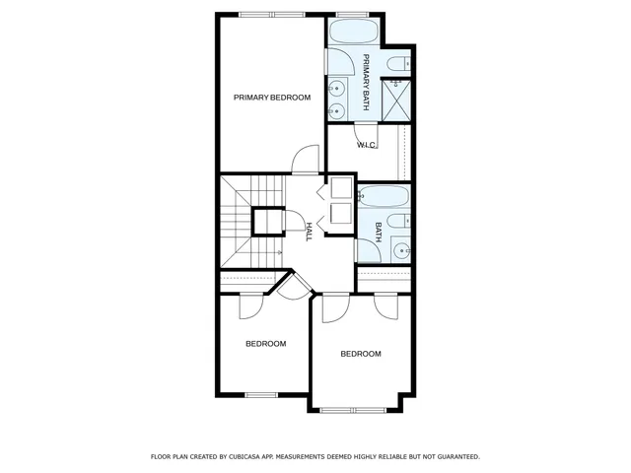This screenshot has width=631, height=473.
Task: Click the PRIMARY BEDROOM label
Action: pyautogui.click(x=271, y=98)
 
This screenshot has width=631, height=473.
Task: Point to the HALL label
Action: pyautogui.click(x=309, y=231)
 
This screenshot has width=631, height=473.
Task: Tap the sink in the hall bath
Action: pyautogui.click(x=402, y=250)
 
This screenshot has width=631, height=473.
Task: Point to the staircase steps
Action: pyautogui.click(x=236, y=222)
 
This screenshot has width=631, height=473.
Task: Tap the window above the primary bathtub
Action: pyautogui.click(x=351, y=14)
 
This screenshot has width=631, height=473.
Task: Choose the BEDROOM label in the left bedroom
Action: pyautogui.click(x=265, y=344)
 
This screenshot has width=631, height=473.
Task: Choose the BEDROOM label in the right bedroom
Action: pyautogui.click(x=361, y=354)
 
